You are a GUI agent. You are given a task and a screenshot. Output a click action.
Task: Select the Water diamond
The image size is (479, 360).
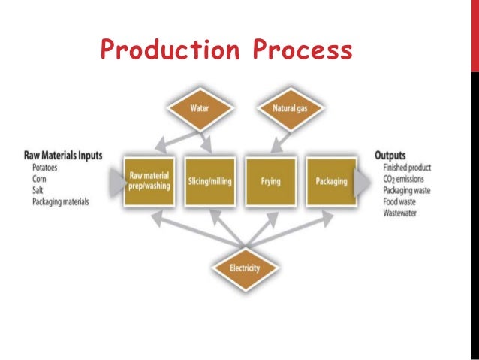(199, 108)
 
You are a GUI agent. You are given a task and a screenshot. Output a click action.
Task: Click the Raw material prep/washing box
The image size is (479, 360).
(149, 180)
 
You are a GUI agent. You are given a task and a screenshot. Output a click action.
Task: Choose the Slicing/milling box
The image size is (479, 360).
(209, 180)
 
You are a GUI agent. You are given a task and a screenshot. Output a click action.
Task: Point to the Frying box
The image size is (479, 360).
(270, 180)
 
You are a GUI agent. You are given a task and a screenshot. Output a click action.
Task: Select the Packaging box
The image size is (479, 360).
(330, 180)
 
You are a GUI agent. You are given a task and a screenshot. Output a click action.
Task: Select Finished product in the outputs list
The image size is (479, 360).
(411, 168)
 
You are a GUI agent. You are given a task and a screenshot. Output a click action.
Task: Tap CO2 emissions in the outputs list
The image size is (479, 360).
(408, 179)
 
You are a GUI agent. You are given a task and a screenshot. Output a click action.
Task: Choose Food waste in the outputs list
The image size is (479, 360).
(403, 202)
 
